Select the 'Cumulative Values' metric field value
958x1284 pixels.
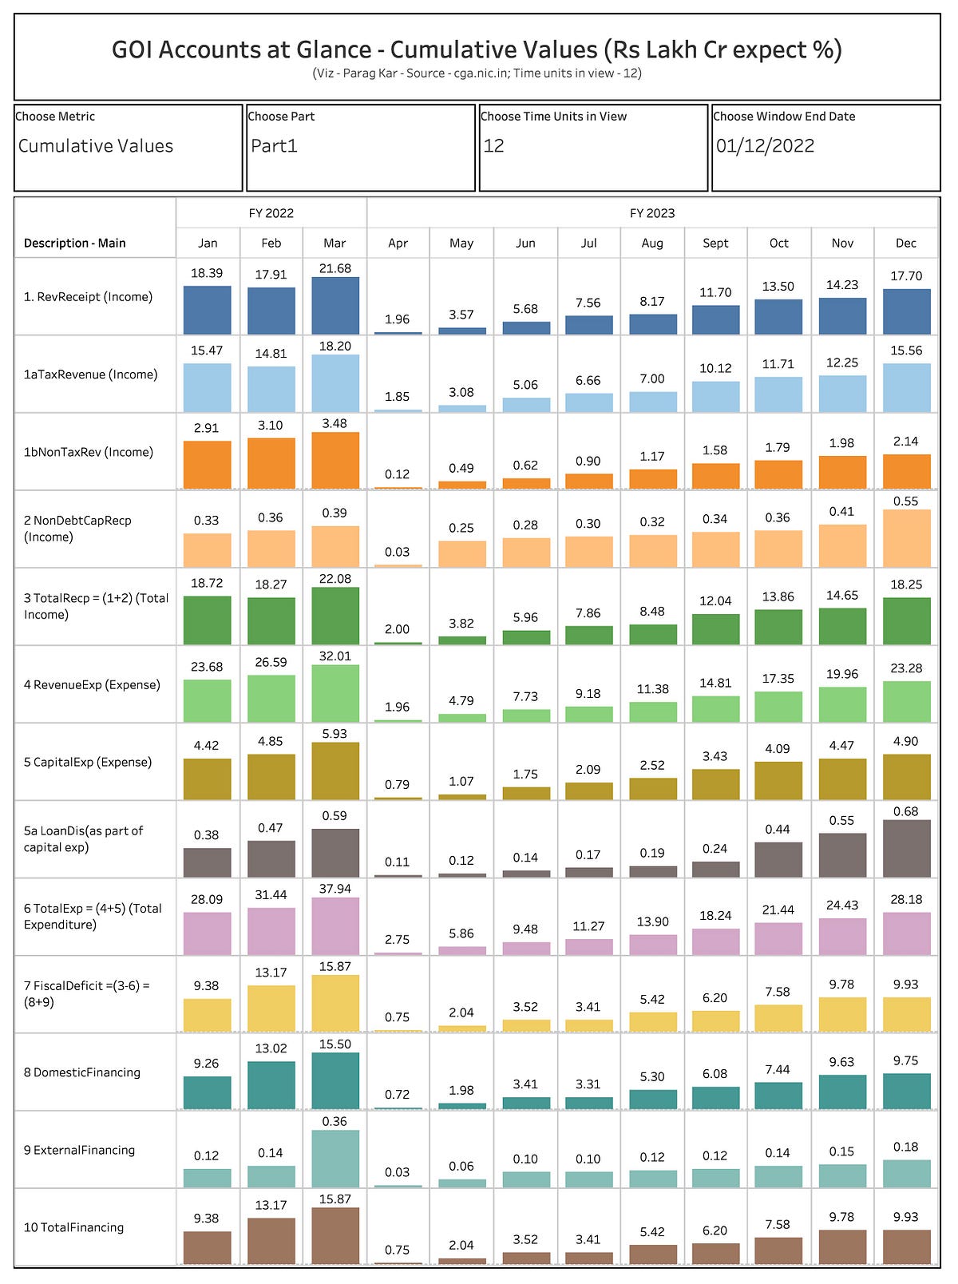(x=96, y=146)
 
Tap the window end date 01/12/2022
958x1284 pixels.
(x=765, y=146)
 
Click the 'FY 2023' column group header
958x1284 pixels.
(x=651, y=213)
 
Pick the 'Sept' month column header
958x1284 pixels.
(x=715, y=243)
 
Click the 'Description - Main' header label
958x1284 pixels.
(x=74, y=243)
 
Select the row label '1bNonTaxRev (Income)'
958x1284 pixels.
(x=89, y=452)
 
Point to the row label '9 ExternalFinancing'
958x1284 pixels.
(x=79, y=1150)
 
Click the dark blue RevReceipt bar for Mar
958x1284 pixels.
(x=335, y=306)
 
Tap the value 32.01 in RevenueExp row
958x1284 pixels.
(x=335, y=656)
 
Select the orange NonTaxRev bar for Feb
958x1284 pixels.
(x=271, y=463)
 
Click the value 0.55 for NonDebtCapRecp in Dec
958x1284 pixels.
(x=906, y=501)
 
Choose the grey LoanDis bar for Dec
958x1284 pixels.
(x=906, y=849)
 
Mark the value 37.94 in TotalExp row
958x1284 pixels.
(x=335, y=889)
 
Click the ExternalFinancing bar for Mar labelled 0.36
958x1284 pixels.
(x=335, y=1159)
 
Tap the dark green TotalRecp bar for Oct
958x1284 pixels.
(x=778, y=627)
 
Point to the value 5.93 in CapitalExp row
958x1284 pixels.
(x=335, y=734)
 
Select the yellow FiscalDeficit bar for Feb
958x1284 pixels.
(x=271, y=1009)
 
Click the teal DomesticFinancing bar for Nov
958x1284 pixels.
(x=842, y=1092)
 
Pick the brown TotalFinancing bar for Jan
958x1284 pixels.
(x=207, y=1247)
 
